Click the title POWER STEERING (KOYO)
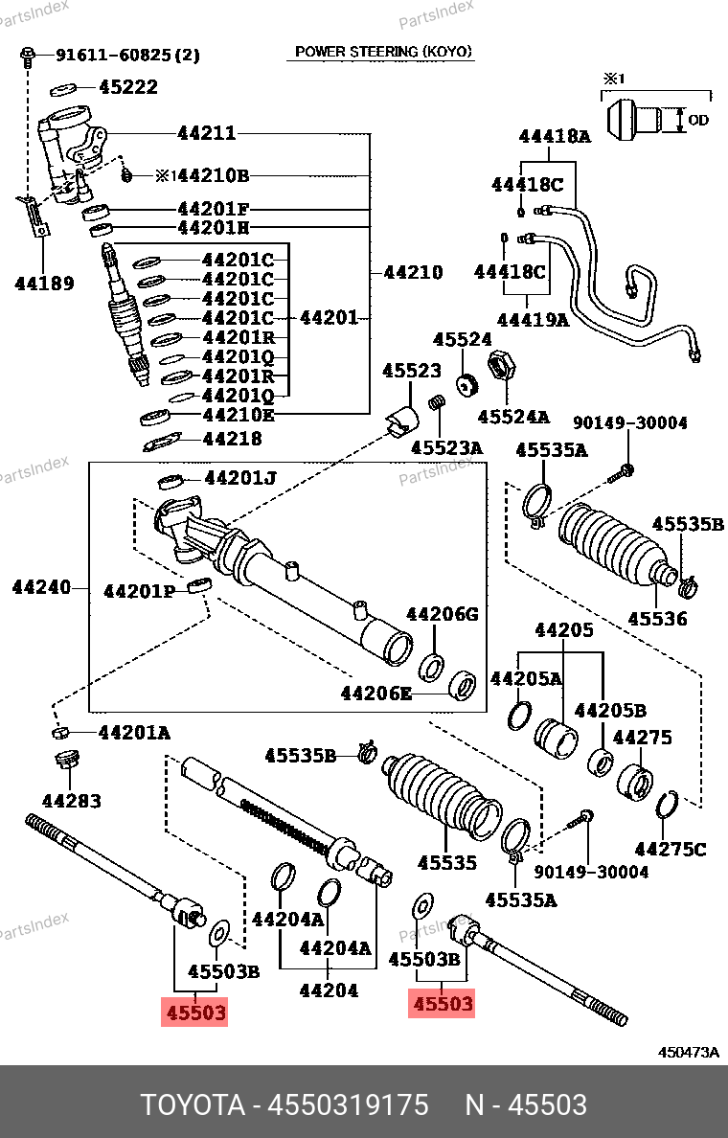click(x=383, y=52)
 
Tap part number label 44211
click(x=207, y=133)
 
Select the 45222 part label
click(x=128, y=87)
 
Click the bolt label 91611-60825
click(x=114, y=55)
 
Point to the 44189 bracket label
click(x=44, y=283)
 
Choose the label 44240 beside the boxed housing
click(x=41, y=586)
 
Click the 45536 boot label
click(x=658, y=619)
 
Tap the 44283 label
click(x=71, y=801)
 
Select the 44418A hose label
click(x=555, y=136)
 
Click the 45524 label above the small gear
click(x=463, y=339)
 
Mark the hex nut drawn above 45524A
click(x=500, y=364)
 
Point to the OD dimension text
click(x=698, y=120)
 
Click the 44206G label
click(x=442, y=614)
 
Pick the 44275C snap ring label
click(x=671, y=849)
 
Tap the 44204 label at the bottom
click(x=329, y=990)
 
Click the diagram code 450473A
click(x=688, y=1053)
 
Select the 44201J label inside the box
click(x=240, y=478)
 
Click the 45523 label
click(x=412, y=370)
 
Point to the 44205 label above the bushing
click(x=564, y=629)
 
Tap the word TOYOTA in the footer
click(x=193, y=1104)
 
